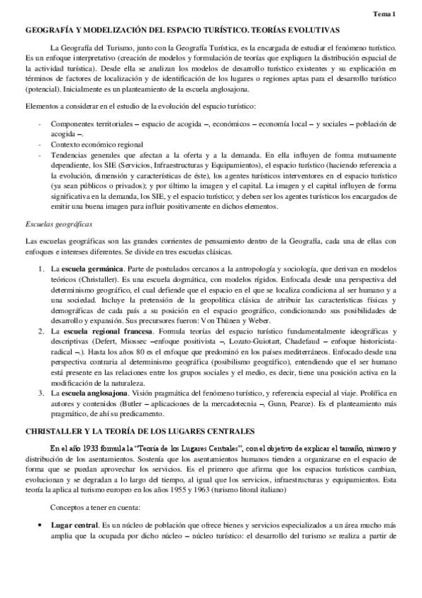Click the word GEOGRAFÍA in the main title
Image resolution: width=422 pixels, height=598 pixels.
click(x=51, y=30)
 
